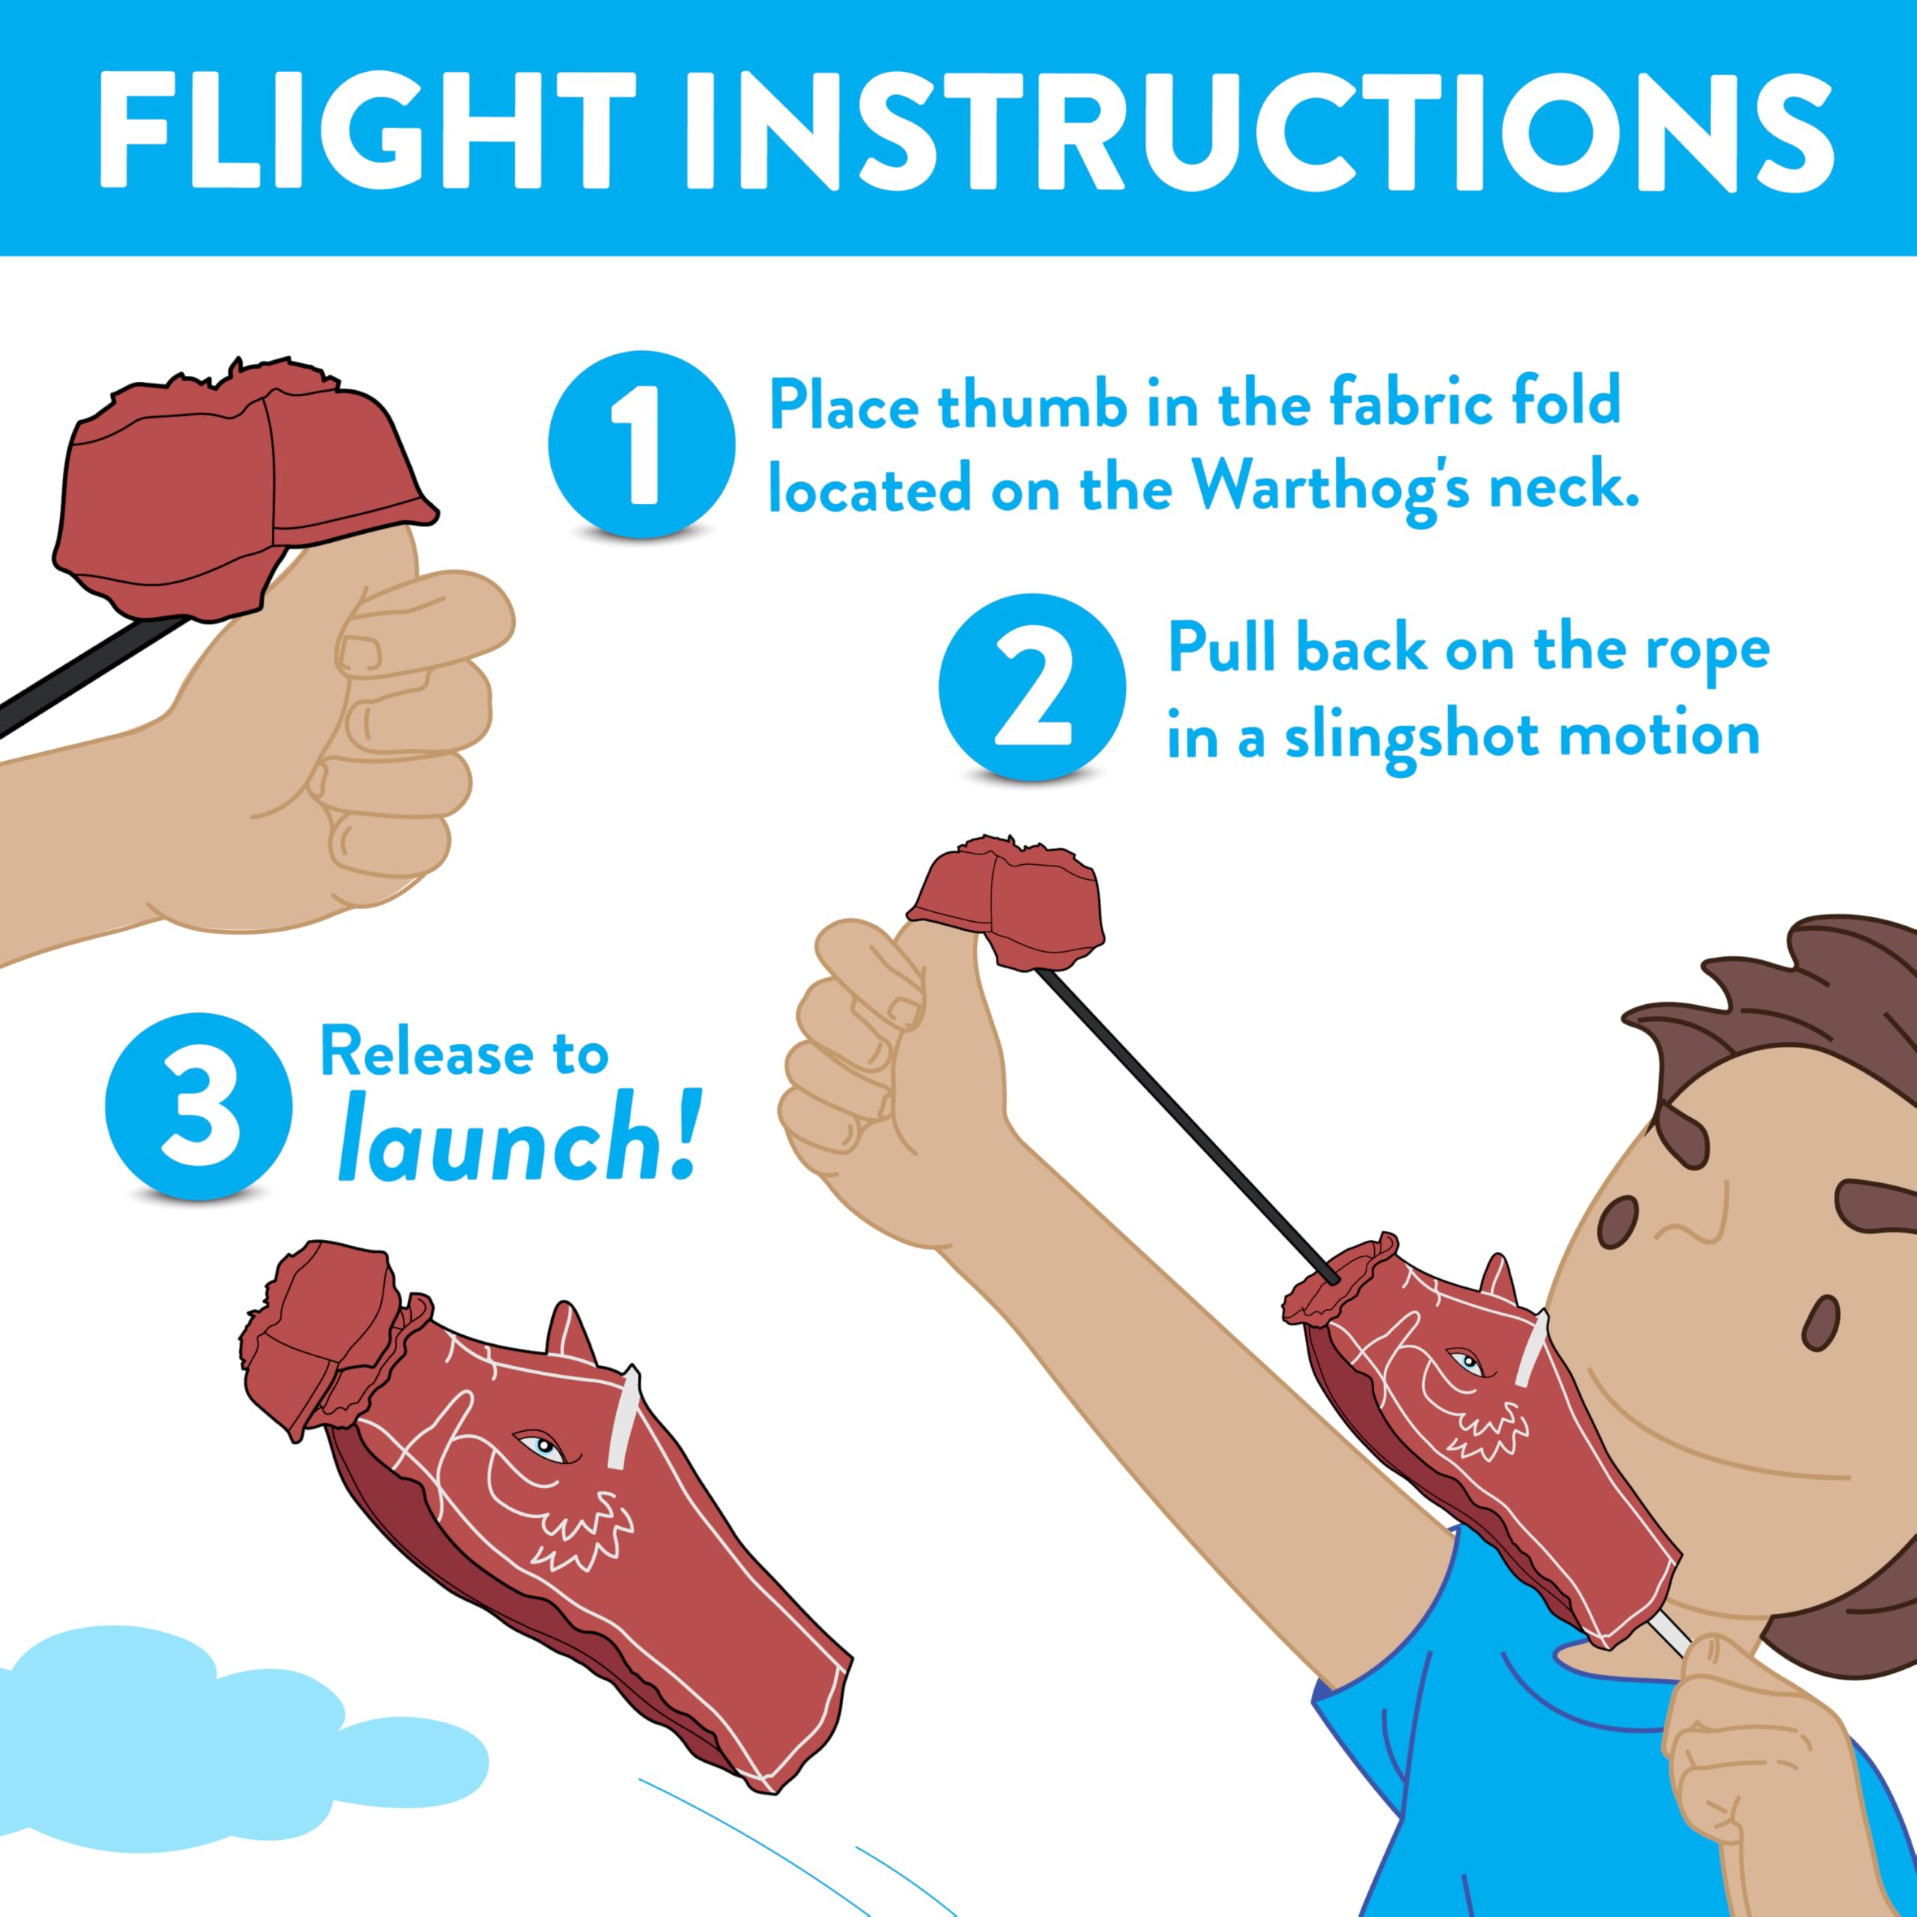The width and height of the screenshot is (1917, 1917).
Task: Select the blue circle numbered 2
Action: click(1032, 687)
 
